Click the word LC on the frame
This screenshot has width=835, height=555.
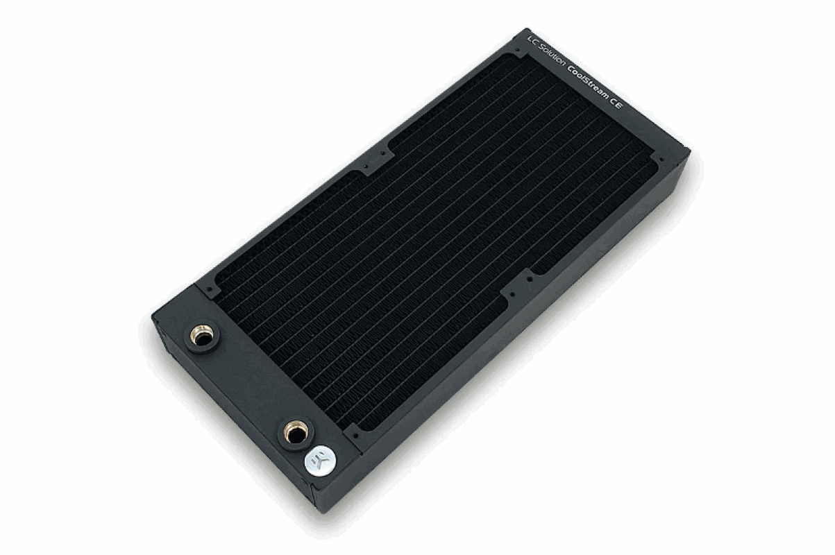pyautogui.click(x=532, y=42)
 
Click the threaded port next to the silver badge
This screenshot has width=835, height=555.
pyautogui.click(x=296, y=433)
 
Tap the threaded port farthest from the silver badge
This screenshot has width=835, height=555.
pyautogui.click(x=202, y=336)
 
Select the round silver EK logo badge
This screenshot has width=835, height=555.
pyautogui.click(x=320, y=461)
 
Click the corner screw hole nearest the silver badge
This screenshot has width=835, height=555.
pyautogui.click(x=356, y=436)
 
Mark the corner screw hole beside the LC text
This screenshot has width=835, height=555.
pyautogui.click(x=517, y=49)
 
